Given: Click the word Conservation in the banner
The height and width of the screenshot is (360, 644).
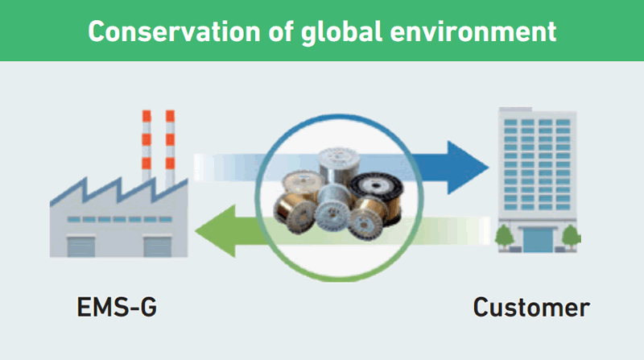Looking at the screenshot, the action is (174, 31).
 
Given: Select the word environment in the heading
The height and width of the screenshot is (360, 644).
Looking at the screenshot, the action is (473, 31).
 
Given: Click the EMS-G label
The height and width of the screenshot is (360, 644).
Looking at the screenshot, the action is (117, 307).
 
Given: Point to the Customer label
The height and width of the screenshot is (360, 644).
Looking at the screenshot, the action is (531, 308).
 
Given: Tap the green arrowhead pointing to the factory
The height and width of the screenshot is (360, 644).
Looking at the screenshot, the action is (215, 231).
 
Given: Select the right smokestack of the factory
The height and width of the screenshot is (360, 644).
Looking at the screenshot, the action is (170, 148).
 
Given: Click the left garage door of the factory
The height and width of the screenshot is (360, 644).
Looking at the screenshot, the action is (81, 246).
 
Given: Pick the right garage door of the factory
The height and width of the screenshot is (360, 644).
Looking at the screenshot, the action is (157, 246).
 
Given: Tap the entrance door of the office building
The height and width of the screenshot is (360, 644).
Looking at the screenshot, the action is (538, 240).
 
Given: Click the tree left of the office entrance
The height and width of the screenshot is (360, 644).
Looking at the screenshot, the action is (505, 238).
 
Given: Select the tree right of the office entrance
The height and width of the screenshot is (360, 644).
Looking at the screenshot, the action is (572, 238).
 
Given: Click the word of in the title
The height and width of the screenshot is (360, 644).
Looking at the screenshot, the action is (281, 31).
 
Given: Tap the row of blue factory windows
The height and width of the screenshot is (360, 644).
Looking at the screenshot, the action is (119, 219).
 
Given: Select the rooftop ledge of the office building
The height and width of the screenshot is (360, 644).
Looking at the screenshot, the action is (515, 110).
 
